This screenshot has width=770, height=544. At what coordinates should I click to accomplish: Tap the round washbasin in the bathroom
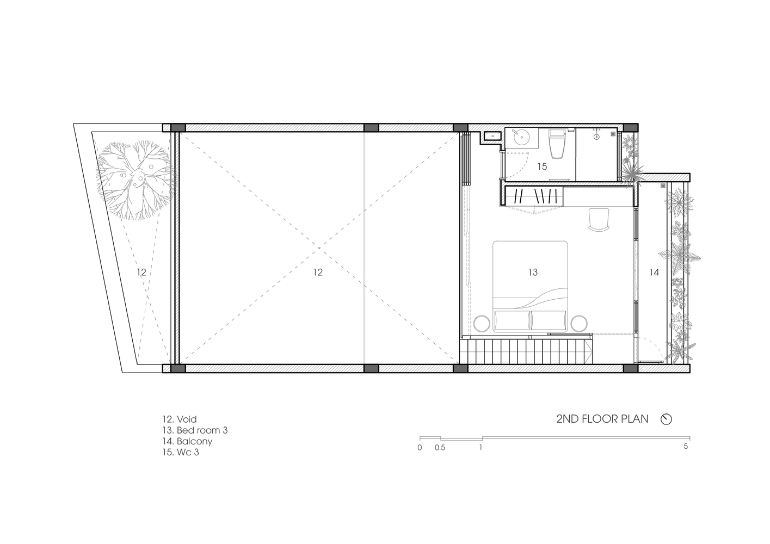pyautogui.click(x=521, y=139)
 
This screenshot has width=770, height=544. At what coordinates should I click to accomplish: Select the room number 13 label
pyautogui.click(x=533, y=273)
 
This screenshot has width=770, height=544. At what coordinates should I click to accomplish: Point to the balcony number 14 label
pyautogui.click(x=654, y=273)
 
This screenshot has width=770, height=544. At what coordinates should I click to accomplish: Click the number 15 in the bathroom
pyautogui.click(x=542, y=166)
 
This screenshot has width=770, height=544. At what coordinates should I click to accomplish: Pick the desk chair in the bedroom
pyautogui.click(x=599, y=220)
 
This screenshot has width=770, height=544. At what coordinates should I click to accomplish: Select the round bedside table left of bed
pyautogui.click(x=482, y=323)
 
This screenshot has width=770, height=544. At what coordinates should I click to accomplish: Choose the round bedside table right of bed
pyautogui.click(x=579, y=323)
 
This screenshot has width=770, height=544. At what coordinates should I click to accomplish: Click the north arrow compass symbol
pyautogui.click(x=666, y=419)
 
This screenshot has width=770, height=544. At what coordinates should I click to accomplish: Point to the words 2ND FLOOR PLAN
pyautogui.click(x=602, y=419)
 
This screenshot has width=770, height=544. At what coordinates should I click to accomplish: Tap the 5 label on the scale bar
pyautogui.click(x=686, y=447)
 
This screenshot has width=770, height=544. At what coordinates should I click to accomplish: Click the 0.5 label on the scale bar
pyautogui.click(x=440, y=448)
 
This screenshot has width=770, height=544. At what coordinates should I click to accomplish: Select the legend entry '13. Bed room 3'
pyautogui.click(x=195, y=430)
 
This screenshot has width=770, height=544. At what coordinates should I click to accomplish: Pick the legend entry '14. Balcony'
pyautogui.click(x=187, y=441)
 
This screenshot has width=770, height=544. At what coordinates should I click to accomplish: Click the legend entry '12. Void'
pyautogui.click(x=180, y=419)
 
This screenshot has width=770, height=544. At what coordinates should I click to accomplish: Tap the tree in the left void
pyautogui.click(x=135, y=180)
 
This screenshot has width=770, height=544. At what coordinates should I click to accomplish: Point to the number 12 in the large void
pyautogui.click(x=318, y=273)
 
